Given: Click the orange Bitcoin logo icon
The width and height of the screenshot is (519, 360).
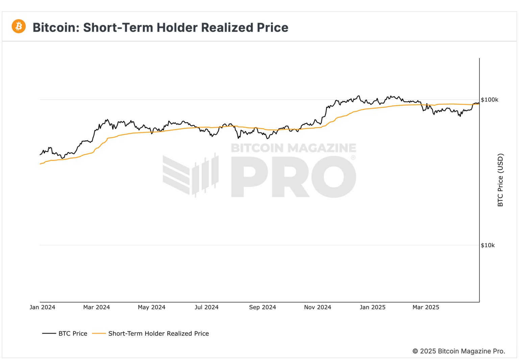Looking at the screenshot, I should pos(19,26).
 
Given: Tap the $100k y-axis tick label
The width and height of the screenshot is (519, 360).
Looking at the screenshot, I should pos(489,100).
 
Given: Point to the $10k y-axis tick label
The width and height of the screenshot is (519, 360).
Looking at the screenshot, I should pos(488,245).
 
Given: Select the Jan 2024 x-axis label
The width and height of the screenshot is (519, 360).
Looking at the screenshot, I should pos(42,307).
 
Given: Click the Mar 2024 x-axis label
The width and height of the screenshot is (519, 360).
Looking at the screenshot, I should pos(97,307).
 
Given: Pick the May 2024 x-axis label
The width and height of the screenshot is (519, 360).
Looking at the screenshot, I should pos(151,307).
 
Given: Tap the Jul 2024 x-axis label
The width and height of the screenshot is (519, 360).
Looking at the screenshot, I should pos(206,307).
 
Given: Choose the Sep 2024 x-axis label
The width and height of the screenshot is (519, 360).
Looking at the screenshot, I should pos(263,307).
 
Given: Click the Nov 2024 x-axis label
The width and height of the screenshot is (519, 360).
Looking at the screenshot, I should pos(318,307).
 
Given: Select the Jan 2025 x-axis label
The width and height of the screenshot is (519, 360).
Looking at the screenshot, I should pos(372,307).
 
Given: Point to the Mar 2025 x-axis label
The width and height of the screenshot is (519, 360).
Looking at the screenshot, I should pos(426,307).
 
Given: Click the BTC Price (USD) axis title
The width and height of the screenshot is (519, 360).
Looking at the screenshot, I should pos(500,180).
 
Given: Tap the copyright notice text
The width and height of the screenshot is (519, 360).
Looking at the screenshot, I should pos(459,351).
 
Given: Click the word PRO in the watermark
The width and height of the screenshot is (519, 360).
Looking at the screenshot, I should pos(293,177).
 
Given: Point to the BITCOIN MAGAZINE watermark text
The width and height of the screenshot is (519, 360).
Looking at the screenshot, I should pos(293,148).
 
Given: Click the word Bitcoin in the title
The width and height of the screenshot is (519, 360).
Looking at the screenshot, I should pos(56,28).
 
